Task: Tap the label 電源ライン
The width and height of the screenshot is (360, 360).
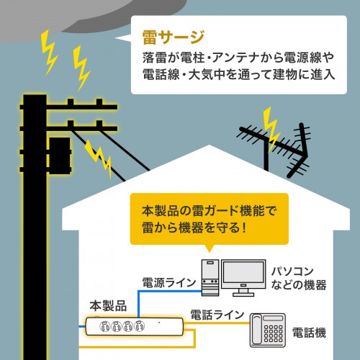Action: (168, 283)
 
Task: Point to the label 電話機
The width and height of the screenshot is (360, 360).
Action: (309, 333)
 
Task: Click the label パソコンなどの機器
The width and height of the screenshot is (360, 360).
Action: (298, 277)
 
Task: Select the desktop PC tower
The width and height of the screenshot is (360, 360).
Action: (209, 277)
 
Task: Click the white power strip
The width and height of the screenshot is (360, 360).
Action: (133, 325)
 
